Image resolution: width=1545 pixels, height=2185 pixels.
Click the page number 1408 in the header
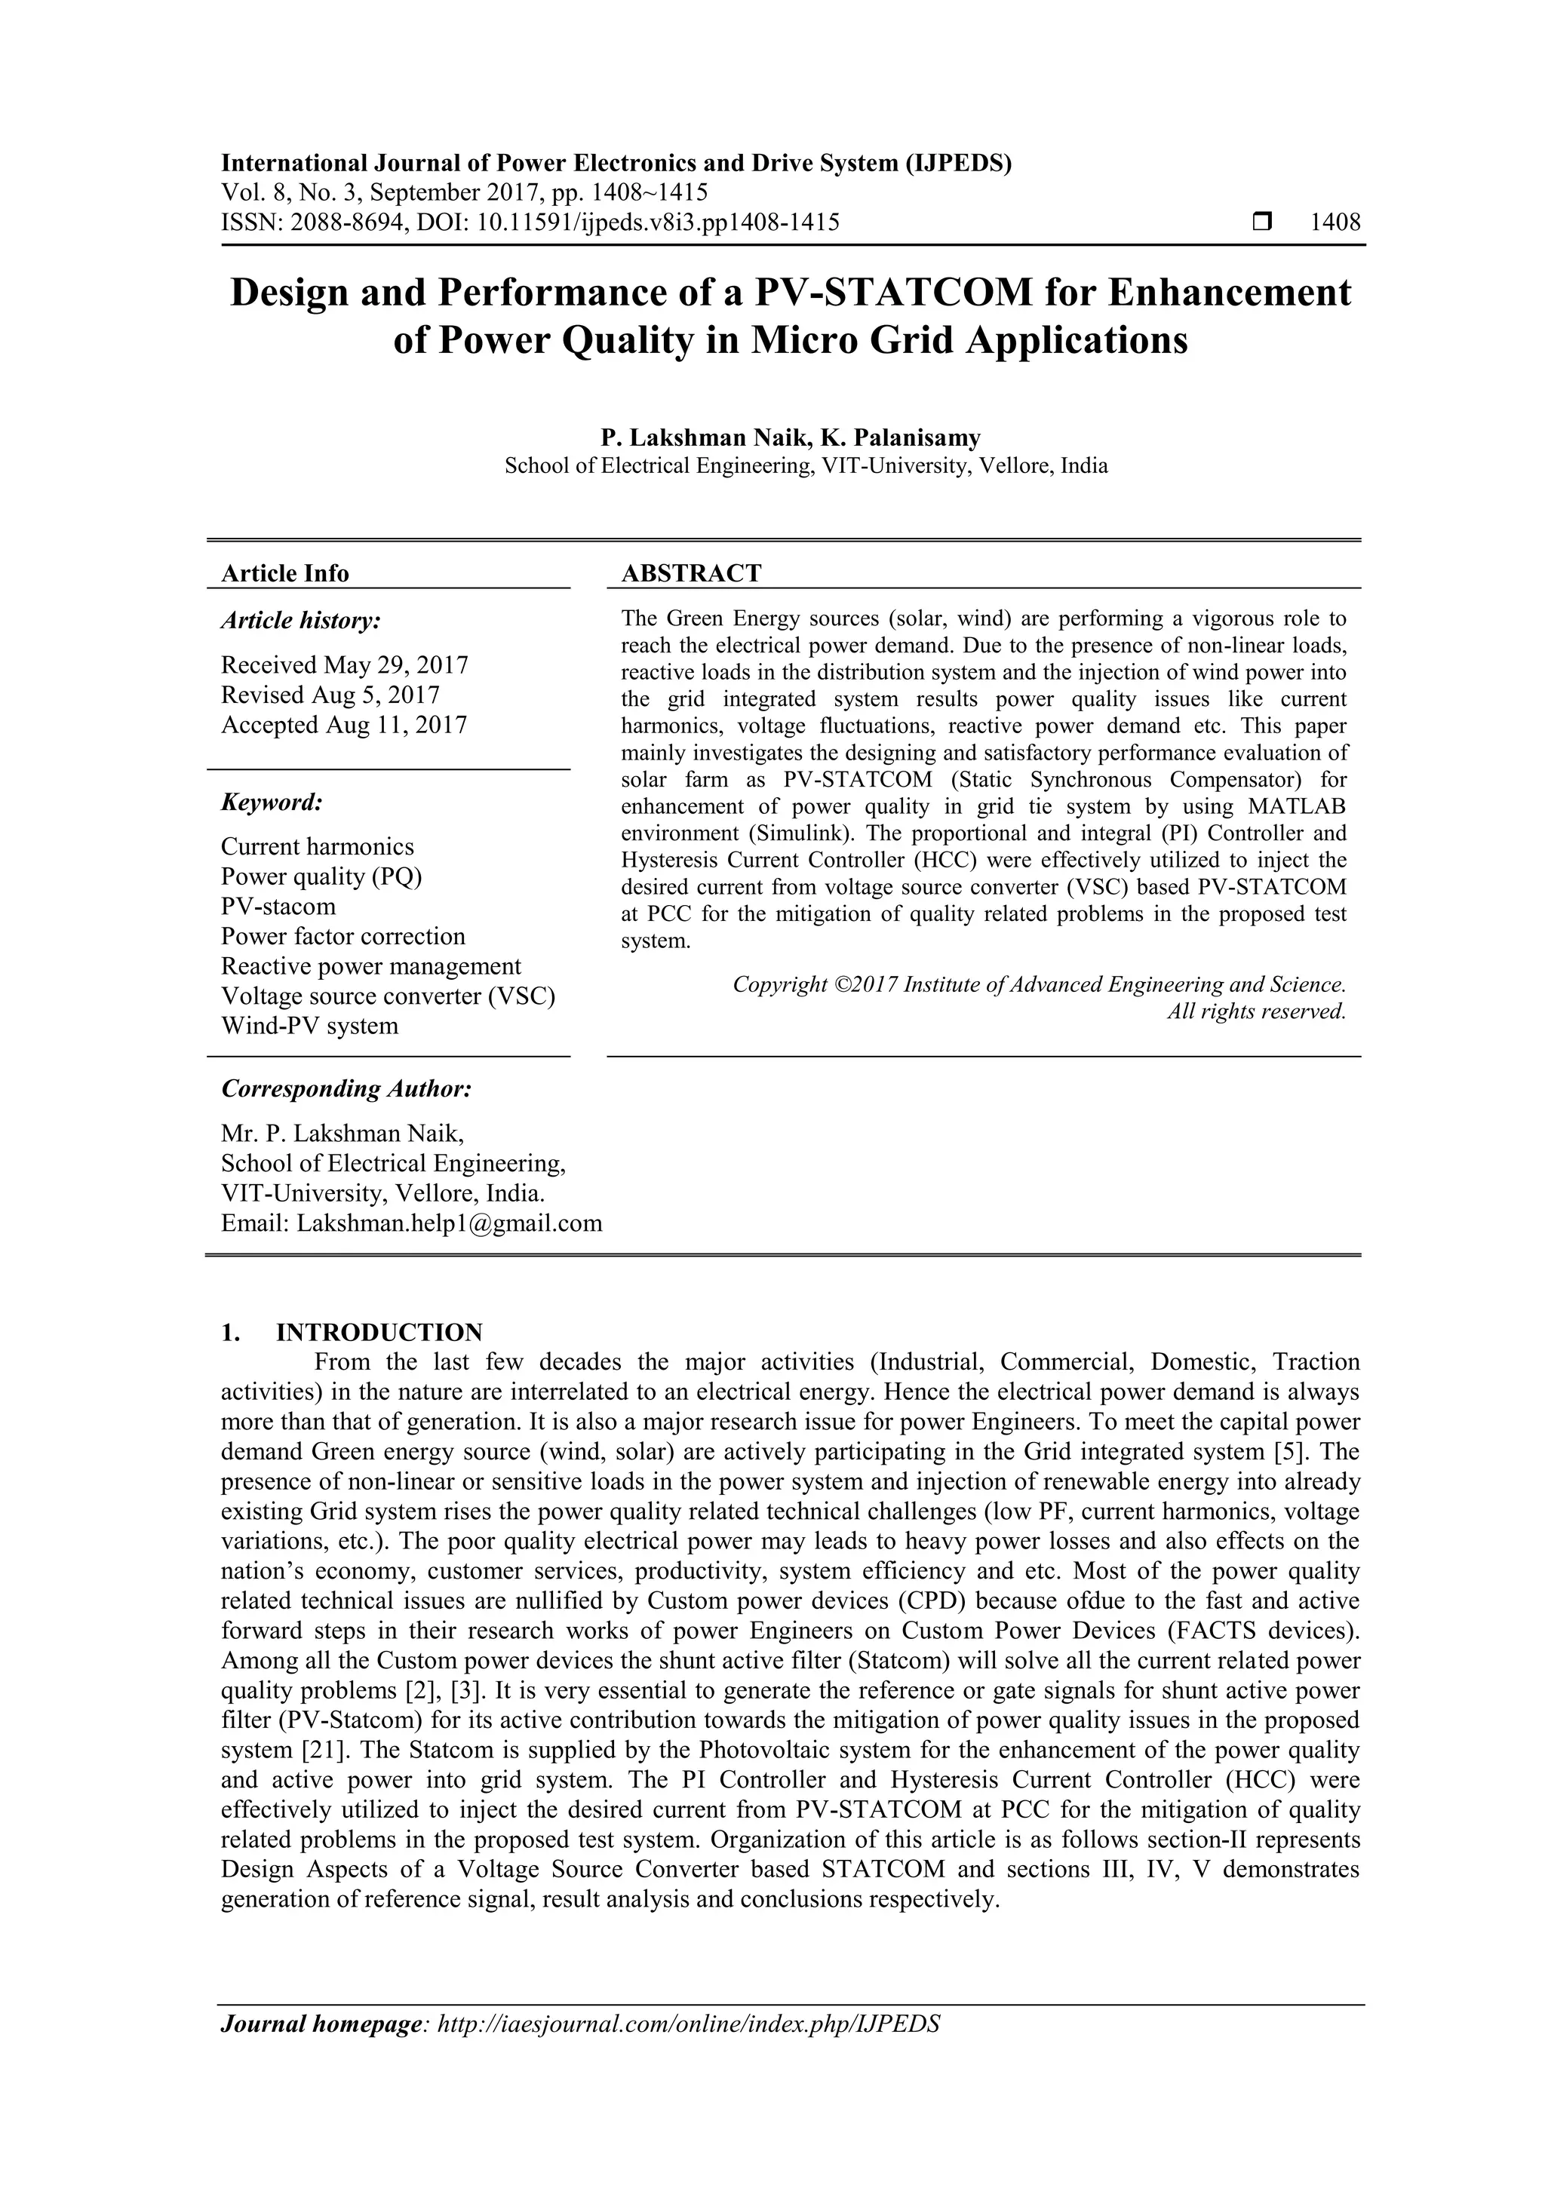click(x=1335, y=222)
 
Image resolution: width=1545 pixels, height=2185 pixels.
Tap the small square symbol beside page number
click(x=1262, y=222)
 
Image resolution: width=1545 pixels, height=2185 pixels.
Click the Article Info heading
click(x=284, y=573)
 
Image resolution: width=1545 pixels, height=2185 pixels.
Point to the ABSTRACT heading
click(x=691, y=573)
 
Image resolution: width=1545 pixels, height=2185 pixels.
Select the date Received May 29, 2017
click(x=345, y=664)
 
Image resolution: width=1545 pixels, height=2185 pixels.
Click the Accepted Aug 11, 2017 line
click(x=344, y=725)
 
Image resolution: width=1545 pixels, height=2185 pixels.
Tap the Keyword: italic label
click(x=272, y=802)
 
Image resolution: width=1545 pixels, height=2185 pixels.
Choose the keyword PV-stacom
click(x=278, y=906)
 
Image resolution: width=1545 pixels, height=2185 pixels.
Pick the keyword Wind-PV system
click(x=309, y=1026)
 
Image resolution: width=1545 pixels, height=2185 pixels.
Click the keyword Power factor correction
click(x=342, y=937)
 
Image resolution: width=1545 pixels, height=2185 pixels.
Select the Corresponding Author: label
click(x=346, y=1088)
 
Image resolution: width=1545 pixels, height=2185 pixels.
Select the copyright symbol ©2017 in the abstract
click(x=865, y=984)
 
